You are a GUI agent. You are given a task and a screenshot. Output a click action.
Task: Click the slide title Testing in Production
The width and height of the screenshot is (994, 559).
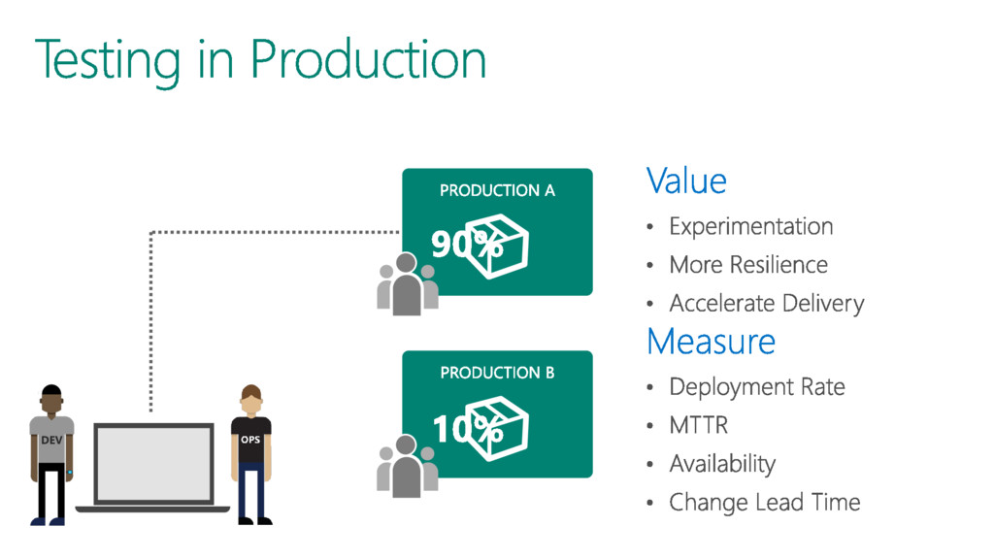coord(260,59)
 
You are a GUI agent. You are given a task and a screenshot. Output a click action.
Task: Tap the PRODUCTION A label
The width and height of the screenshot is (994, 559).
coord(497,190)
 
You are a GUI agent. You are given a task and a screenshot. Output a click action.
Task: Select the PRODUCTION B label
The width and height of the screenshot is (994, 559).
coord(497,373)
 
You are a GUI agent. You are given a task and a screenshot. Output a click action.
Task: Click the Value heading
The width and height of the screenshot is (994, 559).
coord(686,181)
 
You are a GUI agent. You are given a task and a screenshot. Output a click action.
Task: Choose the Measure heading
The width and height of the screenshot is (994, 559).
coord(711,342)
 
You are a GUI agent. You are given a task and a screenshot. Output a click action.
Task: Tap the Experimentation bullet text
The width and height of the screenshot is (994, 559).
coord(750,226)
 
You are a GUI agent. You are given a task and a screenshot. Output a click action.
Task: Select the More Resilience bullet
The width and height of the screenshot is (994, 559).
coord(748,265)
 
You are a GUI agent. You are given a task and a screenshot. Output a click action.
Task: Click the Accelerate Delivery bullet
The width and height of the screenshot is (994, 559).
coord(766,304)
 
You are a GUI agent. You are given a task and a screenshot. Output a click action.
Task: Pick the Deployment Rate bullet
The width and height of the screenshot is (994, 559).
coord(757,386)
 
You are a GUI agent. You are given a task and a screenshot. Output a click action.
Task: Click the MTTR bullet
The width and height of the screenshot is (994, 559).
coord(698,425)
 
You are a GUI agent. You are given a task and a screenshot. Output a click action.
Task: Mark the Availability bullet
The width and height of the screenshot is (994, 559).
coord(722,464)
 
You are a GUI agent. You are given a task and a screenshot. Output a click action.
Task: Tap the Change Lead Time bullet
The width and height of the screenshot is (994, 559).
coord(764,502)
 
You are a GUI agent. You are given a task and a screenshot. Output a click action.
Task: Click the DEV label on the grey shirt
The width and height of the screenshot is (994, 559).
coord(50,440)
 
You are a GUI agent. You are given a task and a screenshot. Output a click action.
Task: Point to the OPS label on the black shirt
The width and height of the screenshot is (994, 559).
coord(250,440)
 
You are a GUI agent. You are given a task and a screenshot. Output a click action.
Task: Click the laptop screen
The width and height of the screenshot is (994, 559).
coord(154,465)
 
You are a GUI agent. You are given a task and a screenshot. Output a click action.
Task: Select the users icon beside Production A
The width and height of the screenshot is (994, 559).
coord(407,283)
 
